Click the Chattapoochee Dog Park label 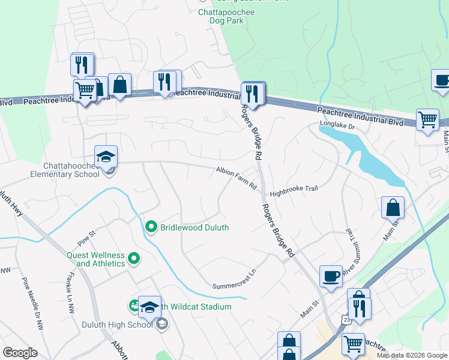tap(227, 16)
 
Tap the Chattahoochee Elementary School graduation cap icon tap(106, 157)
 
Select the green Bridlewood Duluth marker tap(151, 227)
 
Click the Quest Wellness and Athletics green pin tap(134, 259)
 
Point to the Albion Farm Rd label tap(237, 179)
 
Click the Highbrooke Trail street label tap(293, 191)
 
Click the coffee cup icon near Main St tap(331, 277)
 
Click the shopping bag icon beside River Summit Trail tap(392, 208)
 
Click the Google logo tap(20, 353)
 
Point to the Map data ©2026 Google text tap(412, 355)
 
